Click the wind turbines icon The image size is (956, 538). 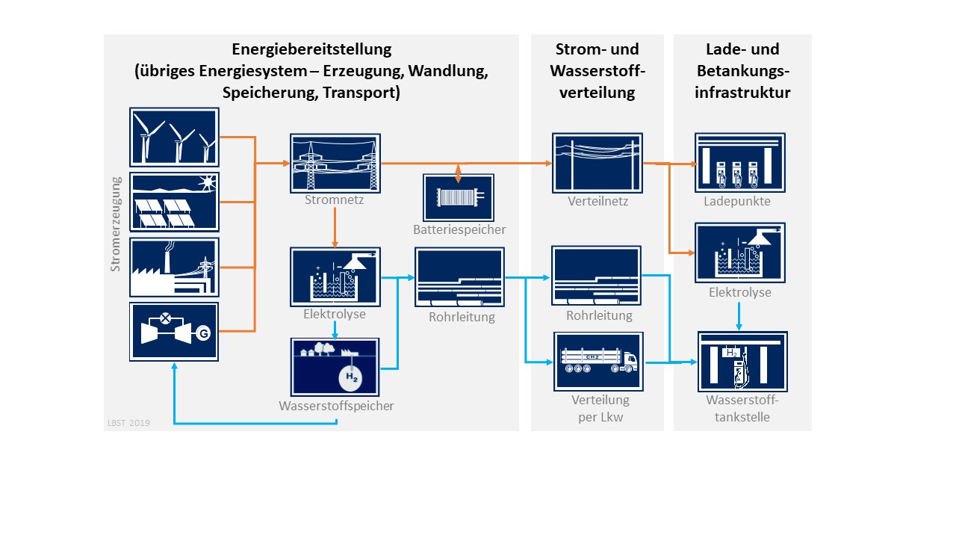point(174,137)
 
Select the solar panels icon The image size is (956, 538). point(174,202)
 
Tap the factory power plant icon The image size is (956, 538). point(174,268)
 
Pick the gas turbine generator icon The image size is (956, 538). point(174,332)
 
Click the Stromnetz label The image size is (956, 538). point(335,200)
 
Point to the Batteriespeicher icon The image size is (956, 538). point(459,197)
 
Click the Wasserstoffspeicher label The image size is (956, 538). point(336,406)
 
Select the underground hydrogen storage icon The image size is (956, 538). point(335,366)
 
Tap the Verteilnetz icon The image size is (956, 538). point(597,162)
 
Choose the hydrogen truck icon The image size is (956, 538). point(597,361)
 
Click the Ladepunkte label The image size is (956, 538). point(736,202)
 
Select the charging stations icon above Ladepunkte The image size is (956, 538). point(739,162)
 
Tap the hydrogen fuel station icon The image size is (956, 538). point(742,361)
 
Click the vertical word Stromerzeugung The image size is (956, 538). point(116,223)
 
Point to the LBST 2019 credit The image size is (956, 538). point(128,423)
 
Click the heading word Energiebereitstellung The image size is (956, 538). point(311,50)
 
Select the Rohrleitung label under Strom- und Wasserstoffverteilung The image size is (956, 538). point(599,315)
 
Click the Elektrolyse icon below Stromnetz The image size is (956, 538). point(335,277)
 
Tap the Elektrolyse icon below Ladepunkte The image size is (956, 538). point(739,253)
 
